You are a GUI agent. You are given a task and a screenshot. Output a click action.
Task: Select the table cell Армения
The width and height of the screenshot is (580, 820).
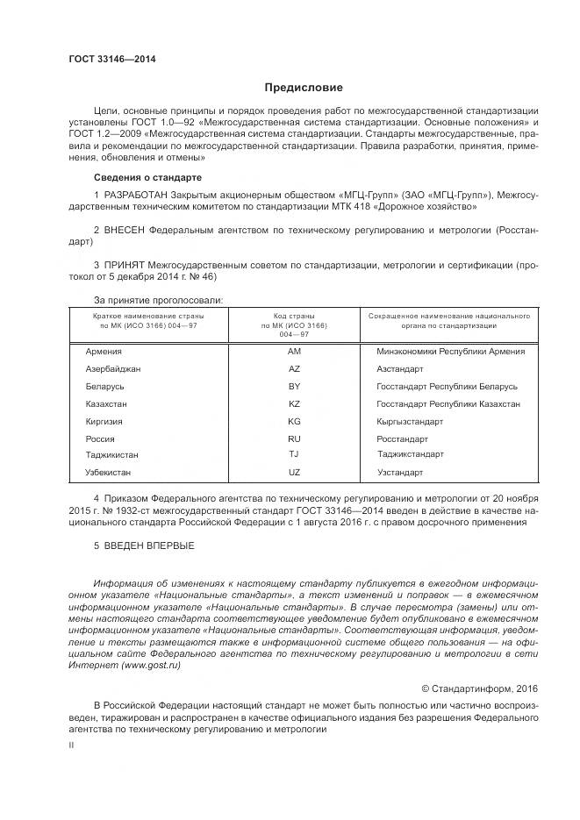point(104,352)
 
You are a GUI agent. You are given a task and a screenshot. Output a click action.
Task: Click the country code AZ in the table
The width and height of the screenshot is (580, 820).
point(294,369)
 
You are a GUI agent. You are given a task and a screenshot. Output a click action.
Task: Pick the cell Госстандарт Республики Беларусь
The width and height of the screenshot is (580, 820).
point(447,387)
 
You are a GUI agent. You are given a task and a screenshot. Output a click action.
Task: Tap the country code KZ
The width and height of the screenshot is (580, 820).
point(294,404)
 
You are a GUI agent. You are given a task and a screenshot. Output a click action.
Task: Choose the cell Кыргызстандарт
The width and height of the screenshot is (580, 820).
point(410,422)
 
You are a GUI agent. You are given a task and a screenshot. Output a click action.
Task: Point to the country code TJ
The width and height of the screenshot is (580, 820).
point(294,454)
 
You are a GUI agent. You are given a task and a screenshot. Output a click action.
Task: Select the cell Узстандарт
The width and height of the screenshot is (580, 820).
point(399,473)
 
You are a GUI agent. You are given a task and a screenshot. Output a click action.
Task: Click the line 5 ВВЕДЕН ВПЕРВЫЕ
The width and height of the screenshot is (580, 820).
point(144,546)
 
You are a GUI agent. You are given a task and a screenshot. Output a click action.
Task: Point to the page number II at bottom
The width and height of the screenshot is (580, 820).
point(72,744)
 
